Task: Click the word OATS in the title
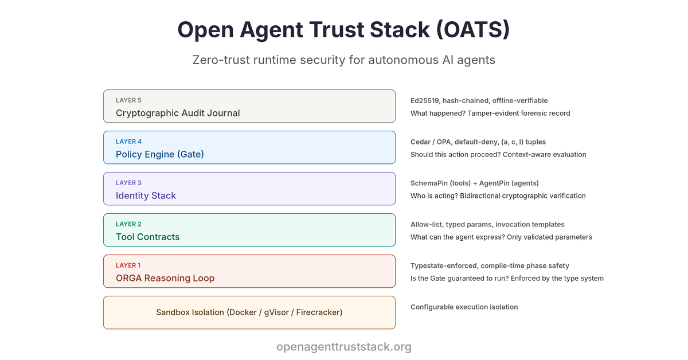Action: click(472, 30)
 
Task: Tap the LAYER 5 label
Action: click(128, 100)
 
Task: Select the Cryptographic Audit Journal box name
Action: click(178, 113)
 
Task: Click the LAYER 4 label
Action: click(128, 141)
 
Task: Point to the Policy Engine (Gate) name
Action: click(160, 154)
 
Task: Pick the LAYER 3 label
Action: click(128, 183)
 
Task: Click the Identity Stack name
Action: click(146, 195)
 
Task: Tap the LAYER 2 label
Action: click(128, 224)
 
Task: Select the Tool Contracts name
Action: click(148, 237)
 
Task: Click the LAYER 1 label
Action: click(128, 265)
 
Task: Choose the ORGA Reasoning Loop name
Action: click(165, 278)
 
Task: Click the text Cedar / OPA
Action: click(431, 142)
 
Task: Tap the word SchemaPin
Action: click(429, 183)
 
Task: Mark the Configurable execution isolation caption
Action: click(464, 307)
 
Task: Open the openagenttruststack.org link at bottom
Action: click(344, 347)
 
